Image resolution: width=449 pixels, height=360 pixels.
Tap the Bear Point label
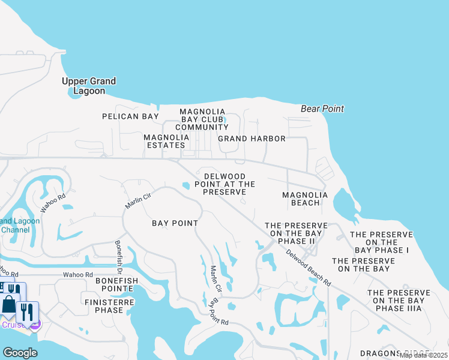[322, 109]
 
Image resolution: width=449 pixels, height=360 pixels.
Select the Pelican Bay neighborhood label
[130, 116]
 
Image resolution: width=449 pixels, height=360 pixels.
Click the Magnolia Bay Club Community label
[203, 119]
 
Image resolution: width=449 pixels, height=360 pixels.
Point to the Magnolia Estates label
[166, 141]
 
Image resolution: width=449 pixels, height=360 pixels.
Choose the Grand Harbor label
[252, 139]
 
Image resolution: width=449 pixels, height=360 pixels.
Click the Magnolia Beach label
[305, 199]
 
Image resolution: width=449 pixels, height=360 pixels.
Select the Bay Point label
[175, 223]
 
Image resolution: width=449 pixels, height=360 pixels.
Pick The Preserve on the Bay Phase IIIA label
[399, 301]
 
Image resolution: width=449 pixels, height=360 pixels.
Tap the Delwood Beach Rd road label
[308, 268]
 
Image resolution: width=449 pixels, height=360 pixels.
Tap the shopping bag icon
[9, 304]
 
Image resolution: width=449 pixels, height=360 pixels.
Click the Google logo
[19, 352]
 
